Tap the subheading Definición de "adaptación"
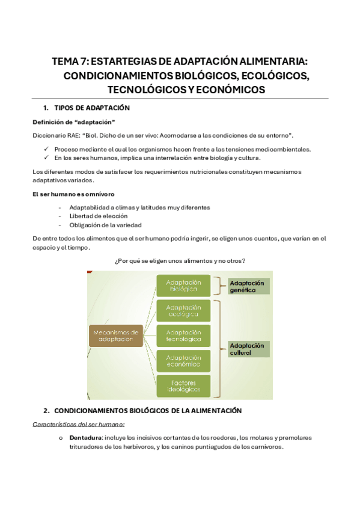pyautogui.click(x=73, y=122)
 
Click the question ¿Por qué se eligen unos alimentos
pyautogui.click(x=180, y=260)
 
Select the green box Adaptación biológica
pyautogui.click(x=183, y=285)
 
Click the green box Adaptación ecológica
pyautogui.click(x=183, y=310)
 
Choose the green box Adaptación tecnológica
pyautogui.click(x=183, y=336)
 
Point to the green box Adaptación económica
pyautogui.click(x=183, y=361)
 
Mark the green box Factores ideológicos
pyautogui.click(x=183, y=386)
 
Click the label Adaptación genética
pyautogui.click(x=247, y=286)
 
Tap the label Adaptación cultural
pyautogui.click(x=247, y=349)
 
